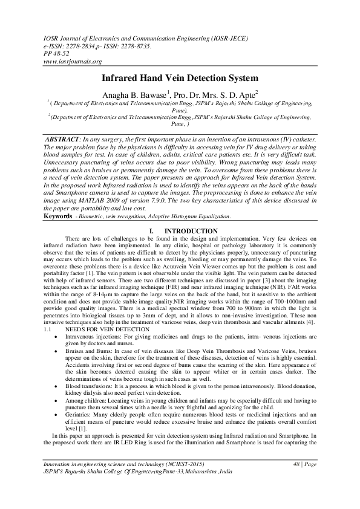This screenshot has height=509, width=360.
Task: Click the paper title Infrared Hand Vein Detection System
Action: point(179,79)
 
